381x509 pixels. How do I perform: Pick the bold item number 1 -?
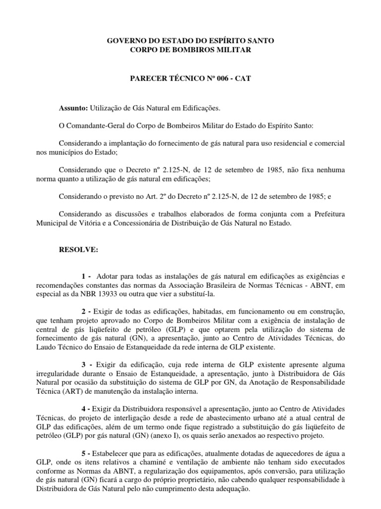point(87,275)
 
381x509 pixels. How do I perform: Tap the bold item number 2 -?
point(87,311)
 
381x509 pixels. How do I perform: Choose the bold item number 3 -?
point(87,364)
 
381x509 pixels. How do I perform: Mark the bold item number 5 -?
point(87,453)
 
